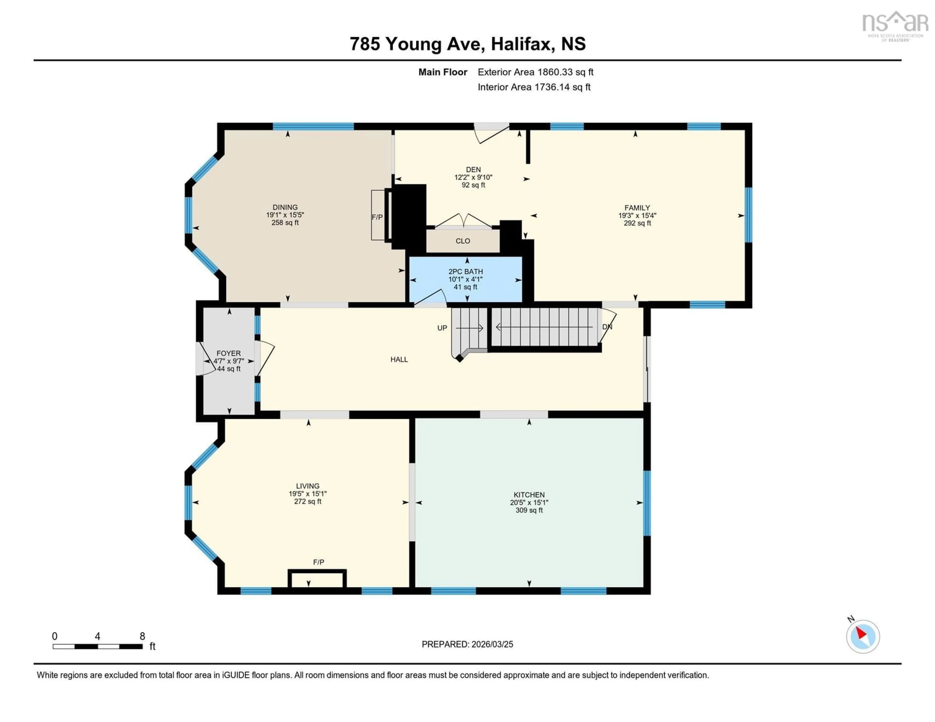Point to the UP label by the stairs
tap(442, 328)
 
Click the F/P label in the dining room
tap(377, 217)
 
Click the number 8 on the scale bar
tap(142, 636)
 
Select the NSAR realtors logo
tap(895, 26)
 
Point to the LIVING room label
tap(307, 486)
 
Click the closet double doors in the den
tap(463, 220)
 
